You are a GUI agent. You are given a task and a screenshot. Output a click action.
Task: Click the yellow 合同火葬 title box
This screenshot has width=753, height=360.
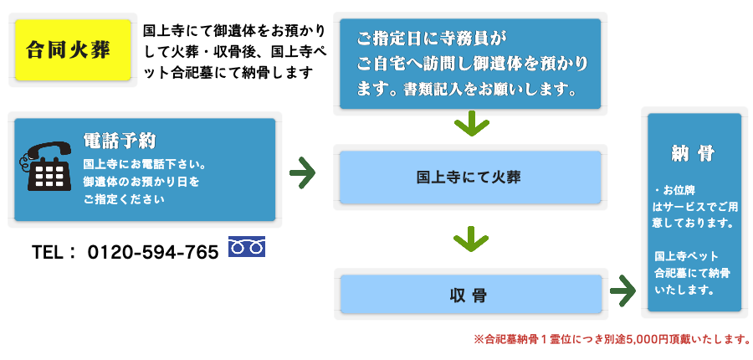point(73,49)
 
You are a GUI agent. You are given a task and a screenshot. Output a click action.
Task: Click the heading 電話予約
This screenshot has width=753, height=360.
point(120,140)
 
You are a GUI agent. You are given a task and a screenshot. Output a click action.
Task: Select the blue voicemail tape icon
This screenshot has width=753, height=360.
point(247,246)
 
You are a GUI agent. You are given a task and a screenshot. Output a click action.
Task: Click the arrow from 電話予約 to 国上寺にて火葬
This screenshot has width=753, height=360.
point(302,173)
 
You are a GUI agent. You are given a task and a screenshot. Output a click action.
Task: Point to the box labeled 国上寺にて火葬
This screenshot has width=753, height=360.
point(469,177)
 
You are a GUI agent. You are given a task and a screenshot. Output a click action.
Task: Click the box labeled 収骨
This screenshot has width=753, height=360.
point(470,295)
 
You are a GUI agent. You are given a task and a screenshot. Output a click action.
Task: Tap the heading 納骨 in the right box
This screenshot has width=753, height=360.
point(694,153)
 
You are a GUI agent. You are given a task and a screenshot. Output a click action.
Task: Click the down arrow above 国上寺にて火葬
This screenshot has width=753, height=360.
point(471,126)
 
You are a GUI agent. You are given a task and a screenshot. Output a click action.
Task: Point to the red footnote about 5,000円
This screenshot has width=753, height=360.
point(612,339)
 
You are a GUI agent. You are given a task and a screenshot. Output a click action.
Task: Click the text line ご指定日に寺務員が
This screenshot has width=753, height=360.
point(432,39)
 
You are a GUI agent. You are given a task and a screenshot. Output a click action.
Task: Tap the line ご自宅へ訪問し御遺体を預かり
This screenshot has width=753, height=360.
point(472,63)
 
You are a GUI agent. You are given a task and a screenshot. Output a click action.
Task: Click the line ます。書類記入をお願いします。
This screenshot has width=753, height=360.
point(467,88)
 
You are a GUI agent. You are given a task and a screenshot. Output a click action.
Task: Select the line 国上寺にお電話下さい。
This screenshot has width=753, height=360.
point(145,164)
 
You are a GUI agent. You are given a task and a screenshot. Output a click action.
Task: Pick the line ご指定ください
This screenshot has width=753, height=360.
point(124,199)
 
